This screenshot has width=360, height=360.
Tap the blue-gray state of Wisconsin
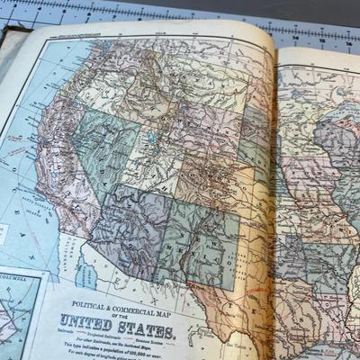[x=337, y=135]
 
